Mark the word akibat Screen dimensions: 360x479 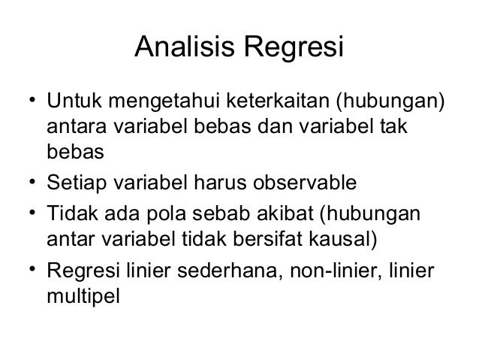pos(285,216)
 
